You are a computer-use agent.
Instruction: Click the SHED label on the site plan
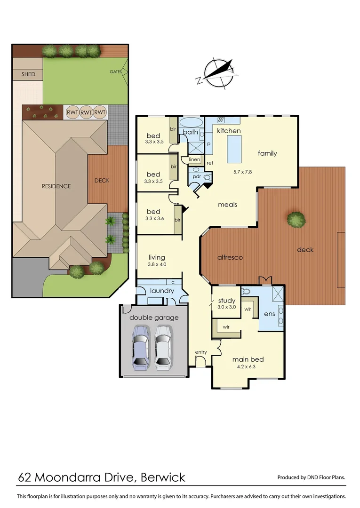pos(28,74)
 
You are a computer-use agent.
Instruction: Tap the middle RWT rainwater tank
pos(86,112)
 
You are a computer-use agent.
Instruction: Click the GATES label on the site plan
pos(116,72)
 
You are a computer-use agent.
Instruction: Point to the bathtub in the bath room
pos(191,122)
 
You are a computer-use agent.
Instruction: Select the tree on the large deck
pos(296,219)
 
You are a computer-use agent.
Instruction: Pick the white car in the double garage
pos(162,346)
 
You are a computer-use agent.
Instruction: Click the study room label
pos(226,301)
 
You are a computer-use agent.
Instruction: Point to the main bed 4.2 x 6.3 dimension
pos(248,367)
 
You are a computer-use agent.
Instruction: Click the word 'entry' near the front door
pos(201,352)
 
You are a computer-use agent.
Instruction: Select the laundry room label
pos(162,291)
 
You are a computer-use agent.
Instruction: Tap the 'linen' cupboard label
pos(194,160)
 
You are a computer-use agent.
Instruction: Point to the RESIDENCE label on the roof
pos(56,186)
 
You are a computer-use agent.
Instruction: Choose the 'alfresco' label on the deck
pos(229,258)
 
